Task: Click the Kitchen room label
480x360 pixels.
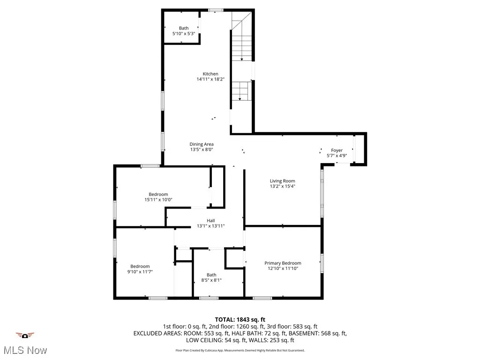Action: pyautogui.click(x=210, y=74)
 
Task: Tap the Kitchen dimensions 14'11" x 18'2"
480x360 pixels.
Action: pyautogui.click(x=210, y=80)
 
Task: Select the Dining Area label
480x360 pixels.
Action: pyautogui.click(x=202, y=144)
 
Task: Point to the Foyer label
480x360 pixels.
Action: pyautogui.click(x=337, y=150)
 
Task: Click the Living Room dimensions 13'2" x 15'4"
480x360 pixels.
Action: pyautogui.click(x=282, y=187)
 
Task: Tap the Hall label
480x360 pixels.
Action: pyautogui.click(x=211, y=221)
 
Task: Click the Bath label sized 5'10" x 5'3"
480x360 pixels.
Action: pyautogui.click(x=183, y=29)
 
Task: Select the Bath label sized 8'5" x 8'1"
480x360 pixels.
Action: pyautogui.click(x=211, y=275)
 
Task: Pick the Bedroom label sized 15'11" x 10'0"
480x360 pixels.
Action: pyautogui.click(x=158, y=195)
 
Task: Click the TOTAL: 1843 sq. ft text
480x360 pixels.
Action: pyautogui.click(x=240, y=320)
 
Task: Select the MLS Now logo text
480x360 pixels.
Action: pyautogui.click(x=24, y=350)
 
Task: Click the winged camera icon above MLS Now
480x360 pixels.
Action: pyautogui.click(x=25, y=335)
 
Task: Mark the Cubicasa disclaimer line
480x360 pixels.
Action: pyautogui.click(x=240, y=350)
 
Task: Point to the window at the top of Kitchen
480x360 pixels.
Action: pyautogui.click(x=216, y=10)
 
